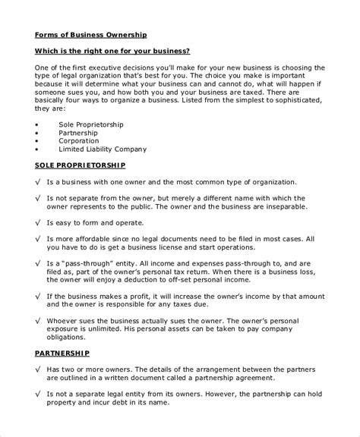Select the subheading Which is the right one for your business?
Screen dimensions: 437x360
(112, 51)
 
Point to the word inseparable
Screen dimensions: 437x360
(280, 206)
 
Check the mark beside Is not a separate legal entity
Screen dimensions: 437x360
(39, 393)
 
